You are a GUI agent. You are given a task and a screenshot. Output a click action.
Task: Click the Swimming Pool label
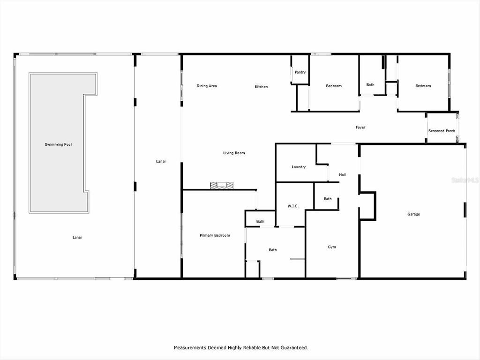click(x=58, y=144)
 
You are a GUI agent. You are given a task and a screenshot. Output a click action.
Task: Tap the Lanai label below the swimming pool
click(x=77, y=237)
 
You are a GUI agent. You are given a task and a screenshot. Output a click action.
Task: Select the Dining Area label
click(x=206, y=86)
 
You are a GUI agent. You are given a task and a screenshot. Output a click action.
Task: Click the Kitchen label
click(x=261, y=87)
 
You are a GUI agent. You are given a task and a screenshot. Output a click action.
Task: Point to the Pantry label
click(x=300, y=72)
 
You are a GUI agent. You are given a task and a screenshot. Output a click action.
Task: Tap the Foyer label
click(x=360, y=127)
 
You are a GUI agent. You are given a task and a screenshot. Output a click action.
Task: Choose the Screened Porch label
click(x=442, y=131)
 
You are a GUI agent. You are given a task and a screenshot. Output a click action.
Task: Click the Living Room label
click(x=233, y=153)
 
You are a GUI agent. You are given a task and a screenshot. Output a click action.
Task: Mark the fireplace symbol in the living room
click(x=221, y=186)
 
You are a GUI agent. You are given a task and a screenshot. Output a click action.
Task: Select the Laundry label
click(x=299, y=167)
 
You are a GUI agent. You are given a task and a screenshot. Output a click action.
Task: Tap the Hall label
click(x=342, y=175)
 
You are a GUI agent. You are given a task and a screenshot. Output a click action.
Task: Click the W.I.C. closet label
click(x=294, y=206)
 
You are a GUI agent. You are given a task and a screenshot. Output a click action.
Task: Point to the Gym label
click(x=332, y=247)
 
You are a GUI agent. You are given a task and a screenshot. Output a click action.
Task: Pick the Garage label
click(x=413, y=214)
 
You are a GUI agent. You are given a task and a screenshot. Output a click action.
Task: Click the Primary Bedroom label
click(x=215, y=235)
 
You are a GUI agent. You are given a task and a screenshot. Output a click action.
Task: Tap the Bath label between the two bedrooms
click(x=370, y=85)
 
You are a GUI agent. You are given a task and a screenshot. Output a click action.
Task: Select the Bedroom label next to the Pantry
click(x=334, y=86)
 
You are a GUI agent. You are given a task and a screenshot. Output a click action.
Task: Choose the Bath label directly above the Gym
click(x=327, y=199)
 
